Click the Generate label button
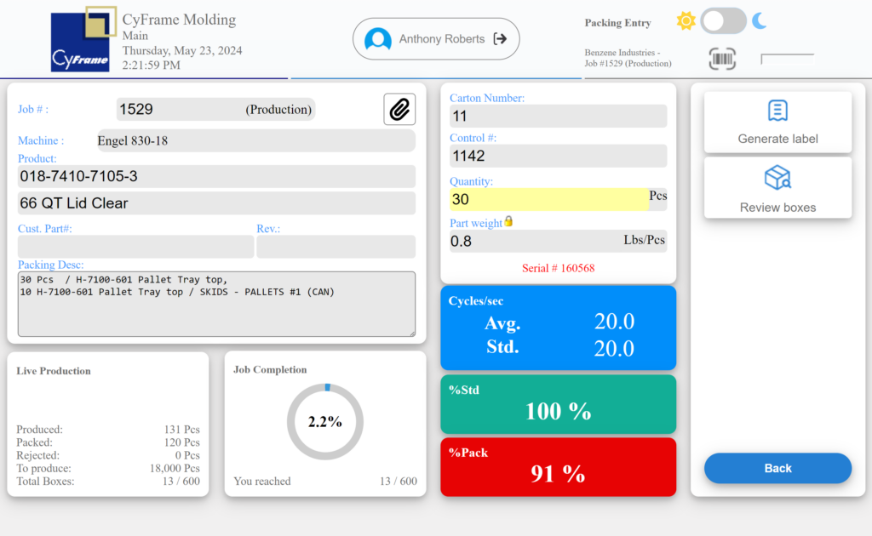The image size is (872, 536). pyautogui.click(x=777, y=122)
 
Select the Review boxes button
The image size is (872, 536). pyautogui.click(x=777, y=187)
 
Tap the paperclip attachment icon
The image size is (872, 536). pyautogui.click(x=399, y=109)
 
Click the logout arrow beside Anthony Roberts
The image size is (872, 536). pyautogui.click(x=501, y=39)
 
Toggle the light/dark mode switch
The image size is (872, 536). pyautogui.click(x=723, y=21)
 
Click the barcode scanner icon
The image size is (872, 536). pyautogui.click(x=722, y=59)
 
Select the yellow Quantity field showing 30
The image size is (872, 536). pyautogui.click(x=548, y=199)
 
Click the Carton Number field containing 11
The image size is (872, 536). pyautogui.click(x=558, y=116)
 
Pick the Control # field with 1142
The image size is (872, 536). pyautogui.click(x=558, y=156)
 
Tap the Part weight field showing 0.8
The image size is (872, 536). pyautogui.click(x=558, y=241)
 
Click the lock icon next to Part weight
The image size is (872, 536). pyautogui.click(x=508, y=221)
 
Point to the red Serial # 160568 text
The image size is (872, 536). pyautogui.click(x=558, y=268)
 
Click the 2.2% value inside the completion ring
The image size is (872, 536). pyautogui.click(x=324, y=422)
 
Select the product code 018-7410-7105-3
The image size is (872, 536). pyautogui.click(x=216, y=176)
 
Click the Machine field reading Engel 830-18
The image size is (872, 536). pyautogui.click(x=255, y=140)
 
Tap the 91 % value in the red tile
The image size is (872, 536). pyautogui.click(x=558, y=474)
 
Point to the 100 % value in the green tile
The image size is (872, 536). pyautogui.click(x=558, y=412)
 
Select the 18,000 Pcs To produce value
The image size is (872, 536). pyautogui.click(x=181, y=468)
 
